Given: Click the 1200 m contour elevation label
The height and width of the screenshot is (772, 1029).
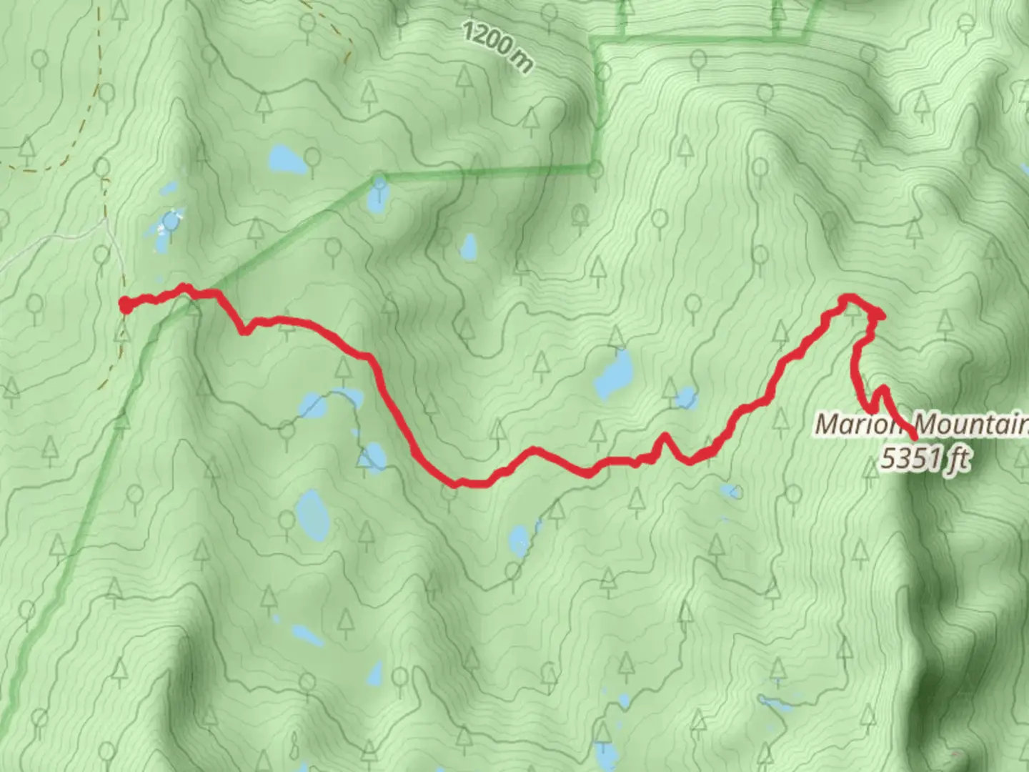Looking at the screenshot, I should pyautogui.click(x=497, y=46).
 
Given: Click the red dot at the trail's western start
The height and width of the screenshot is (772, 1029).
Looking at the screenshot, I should pyautogui.click(x=125, y=305).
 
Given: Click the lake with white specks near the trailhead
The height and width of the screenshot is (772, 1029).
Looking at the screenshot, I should pyautogui.click(x=170, y=222).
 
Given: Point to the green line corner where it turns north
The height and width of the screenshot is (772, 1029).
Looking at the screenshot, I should pyautogui.click(x=595, y=169).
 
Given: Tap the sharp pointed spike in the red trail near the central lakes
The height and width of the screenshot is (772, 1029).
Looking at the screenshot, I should pyautogui.click(x=665, y=435).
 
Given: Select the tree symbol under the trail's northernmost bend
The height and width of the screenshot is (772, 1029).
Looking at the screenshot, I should pyautogui.click(x=852, y=308).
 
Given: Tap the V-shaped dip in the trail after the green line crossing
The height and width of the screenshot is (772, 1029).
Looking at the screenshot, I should pyautogui.click(x=245, y=331).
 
